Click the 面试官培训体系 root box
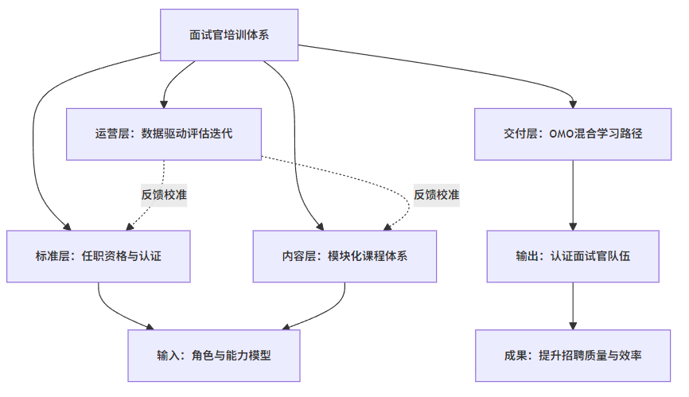pos(229,35)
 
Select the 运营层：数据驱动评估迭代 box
pos(164,134)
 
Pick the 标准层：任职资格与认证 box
pos(99,256)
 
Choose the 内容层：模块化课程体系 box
pos(344,256)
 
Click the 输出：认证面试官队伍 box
pos(573,256)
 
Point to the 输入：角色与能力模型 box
pos(214,356)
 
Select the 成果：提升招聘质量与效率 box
pos(573,356)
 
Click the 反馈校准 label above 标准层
pos(164,194)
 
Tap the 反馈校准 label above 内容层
pos(436,194)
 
